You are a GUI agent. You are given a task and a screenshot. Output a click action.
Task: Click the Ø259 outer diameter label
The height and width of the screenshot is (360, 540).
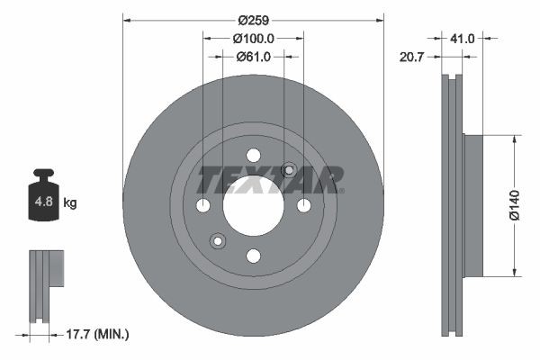tap(253, 18)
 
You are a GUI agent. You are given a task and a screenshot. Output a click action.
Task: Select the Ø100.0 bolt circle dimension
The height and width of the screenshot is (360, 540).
tap(253, 38)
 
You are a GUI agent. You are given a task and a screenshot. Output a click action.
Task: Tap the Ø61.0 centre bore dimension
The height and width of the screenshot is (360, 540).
tap(253, 57)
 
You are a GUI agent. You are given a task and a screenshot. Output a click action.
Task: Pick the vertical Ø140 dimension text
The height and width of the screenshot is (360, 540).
tap(514, 206)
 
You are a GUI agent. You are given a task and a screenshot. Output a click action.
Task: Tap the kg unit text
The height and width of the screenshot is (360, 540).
tap(70, 203)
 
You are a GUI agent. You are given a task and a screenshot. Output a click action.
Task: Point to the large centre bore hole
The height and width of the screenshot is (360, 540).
tap(253, 205)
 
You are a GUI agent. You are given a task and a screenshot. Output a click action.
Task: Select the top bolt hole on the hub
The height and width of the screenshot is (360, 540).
tap(253, 154)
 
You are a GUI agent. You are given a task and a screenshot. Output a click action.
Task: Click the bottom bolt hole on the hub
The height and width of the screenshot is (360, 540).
tap(253, 256)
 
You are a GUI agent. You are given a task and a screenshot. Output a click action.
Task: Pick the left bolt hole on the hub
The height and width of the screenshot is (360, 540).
tap(202, 205)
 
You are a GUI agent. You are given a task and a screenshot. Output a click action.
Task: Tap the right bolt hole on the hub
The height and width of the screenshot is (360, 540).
tap(304, 205)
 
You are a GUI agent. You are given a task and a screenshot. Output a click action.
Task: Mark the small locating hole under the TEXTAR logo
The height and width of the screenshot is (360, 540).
tap(289, 170)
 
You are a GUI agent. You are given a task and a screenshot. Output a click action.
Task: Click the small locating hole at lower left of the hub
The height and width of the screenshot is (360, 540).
tap(217, 240)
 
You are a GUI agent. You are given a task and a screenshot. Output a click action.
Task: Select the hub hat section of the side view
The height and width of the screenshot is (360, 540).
tap(472, 205)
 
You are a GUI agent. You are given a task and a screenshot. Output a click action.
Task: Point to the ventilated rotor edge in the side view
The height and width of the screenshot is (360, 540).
tap(453, 205)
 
